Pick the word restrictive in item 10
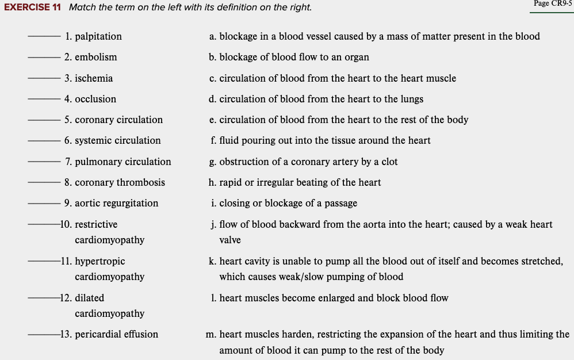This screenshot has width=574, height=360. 96,224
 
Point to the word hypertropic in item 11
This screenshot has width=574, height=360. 100,261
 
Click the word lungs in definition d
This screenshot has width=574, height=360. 411,99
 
